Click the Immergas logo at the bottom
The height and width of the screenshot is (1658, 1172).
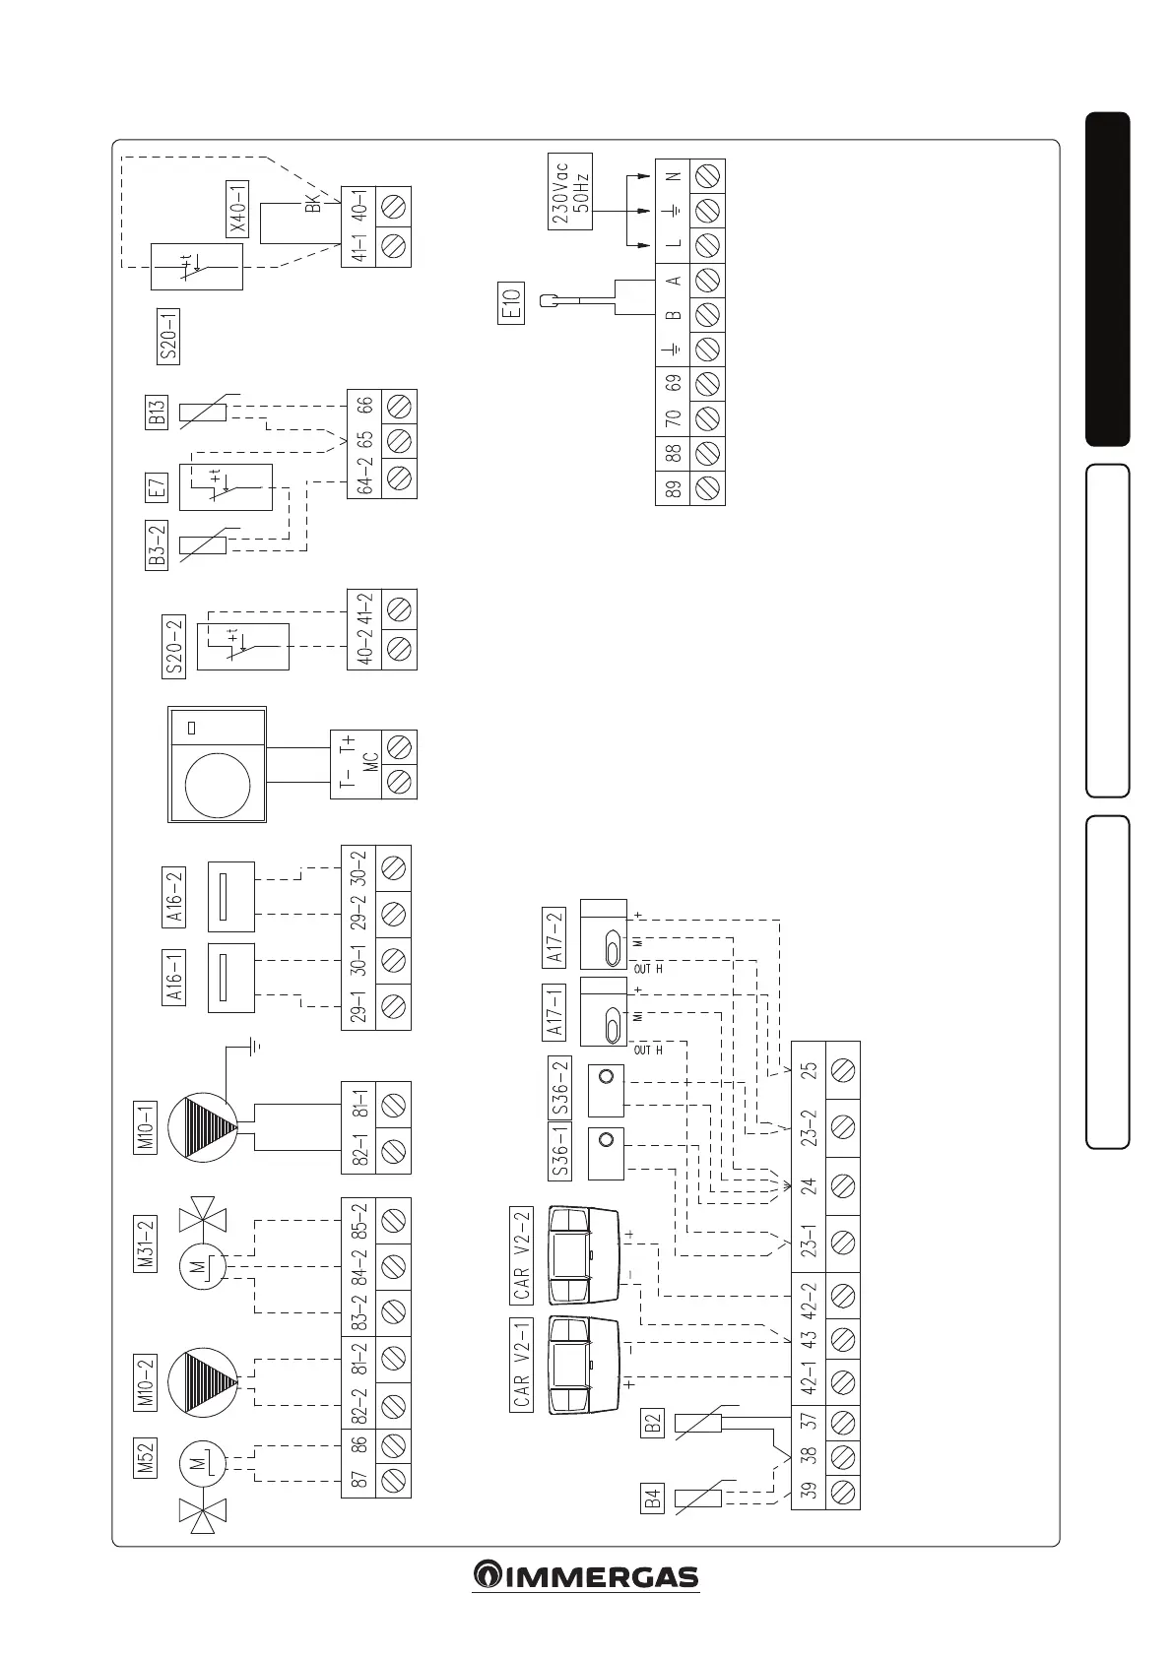(585, 1575)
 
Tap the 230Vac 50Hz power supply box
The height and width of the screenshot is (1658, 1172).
(569, 191)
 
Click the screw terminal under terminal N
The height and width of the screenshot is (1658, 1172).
(707, 175)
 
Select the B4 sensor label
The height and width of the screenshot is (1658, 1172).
(651, 1499)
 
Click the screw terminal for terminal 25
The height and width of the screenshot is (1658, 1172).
(842, 1069)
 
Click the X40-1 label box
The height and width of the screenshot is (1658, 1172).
(237, 210)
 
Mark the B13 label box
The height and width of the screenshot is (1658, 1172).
(156, 412)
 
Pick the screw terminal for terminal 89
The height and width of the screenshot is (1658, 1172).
(707, 487)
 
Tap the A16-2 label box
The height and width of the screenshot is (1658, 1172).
(173, 897)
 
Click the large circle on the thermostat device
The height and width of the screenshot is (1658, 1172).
(217, 785)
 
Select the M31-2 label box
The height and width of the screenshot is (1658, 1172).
(146, 1245)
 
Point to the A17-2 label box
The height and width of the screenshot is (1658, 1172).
(554, 937)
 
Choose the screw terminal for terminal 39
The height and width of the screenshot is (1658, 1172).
(842, 1491)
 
